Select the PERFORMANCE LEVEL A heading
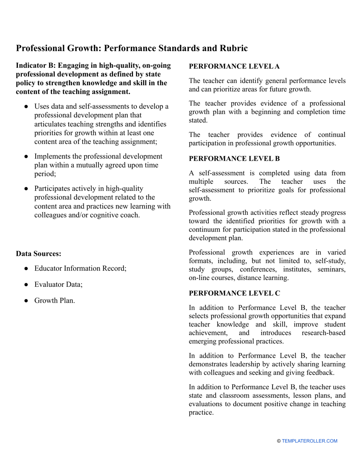(x=234, y=66)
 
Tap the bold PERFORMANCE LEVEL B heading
(x=234, y=159)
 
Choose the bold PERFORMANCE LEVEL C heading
(x=234, y=293)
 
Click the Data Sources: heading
(x=38, y=254)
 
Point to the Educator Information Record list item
(x=80, y=268)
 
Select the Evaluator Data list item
(x=58, y=284)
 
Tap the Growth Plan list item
(x=55, y=300)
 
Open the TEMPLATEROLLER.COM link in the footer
(x=309, y=441)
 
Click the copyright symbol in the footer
(x=279, y=441)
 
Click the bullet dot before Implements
(x=26, y=156)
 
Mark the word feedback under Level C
(x=321, y=372)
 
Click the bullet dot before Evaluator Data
(x=26, y=285)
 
